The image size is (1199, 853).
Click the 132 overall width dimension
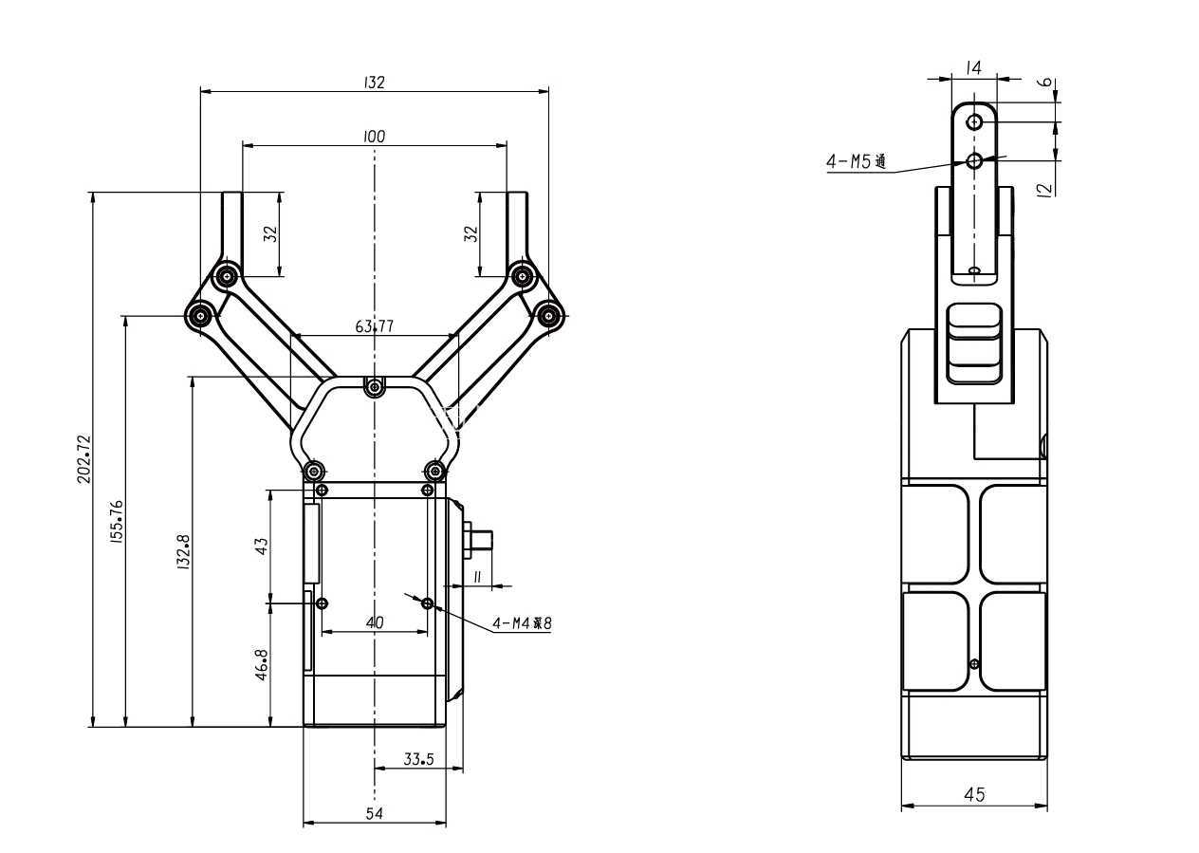click(x=374, y=83)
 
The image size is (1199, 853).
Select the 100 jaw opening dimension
click(x=374, y=137)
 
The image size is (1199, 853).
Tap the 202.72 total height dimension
click(x=84, y=459)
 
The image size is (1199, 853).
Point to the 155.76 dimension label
click(x=117, y=522)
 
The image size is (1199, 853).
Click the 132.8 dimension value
click(x=184, y=551)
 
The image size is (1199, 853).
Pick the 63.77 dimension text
click(x=374, y=326)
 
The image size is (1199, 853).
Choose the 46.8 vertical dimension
click(x=261, y=664)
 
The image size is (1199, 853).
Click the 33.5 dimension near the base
click(x=418, y=759)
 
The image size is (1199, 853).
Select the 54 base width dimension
click(x=374, y=813)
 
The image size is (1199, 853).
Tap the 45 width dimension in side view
click(x=973, y=794)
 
